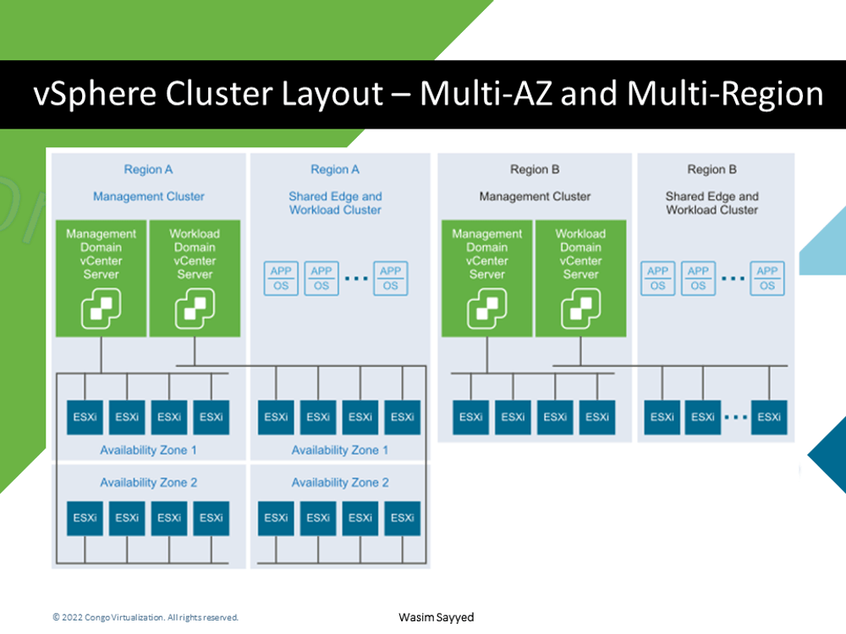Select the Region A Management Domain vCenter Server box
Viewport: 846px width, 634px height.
(102, 278)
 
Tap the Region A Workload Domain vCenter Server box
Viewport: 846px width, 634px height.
(195, 278)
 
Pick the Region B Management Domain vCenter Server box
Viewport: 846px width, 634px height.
(486, 278)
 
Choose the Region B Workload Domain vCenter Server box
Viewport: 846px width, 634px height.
(580, 278)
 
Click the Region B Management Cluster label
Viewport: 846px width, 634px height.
(535, 196)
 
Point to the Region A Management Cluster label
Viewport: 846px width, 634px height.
(149, 196)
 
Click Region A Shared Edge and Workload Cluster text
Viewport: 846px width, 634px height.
(336, 203)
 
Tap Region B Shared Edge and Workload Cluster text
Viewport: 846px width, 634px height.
(712, 203)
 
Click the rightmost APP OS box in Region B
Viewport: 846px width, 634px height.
(767, 278)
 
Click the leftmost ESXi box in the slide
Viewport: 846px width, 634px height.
(85, 417)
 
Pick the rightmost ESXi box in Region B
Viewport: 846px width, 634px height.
(769, 417)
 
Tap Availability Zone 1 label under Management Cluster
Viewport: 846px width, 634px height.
(148, 451)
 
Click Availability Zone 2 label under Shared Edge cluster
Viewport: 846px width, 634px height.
(340, 483)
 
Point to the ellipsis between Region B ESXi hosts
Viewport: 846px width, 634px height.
(736, 417)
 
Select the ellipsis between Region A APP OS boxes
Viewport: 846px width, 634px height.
(356, 279)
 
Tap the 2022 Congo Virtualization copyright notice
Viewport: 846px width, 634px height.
(146, 618)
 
